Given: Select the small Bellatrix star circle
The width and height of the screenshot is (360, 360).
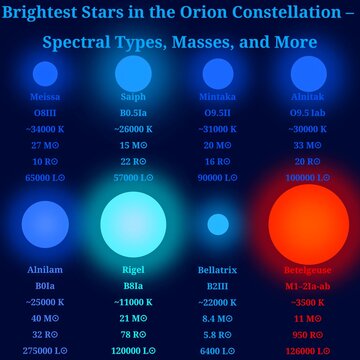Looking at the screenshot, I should point(218,224).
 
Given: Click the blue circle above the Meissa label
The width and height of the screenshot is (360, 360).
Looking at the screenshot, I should point(45,74).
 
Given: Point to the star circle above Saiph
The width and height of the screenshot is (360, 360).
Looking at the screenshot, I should point(133,73).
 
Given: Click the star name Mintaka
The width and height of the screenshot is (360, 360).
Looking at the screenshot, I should point(218,97).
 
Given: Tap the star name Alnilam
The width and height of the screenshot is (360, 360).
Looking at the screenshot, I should point(45,269).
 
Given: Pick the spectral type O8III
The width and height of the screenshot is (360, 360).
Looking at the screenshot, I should point(45,113).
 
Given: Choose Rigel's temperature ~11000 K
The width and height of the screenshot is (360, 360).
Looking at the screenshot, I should point(133,301).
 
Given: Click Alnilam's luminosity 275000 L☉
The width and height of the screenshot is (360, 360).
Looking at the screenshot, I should point(45,350).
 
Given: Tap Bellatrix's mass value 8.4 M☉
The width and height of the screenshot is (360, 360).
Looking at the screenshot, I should point(218,317).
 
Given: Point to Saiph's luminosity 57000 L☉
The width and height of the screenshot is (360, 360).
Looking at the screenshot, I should point(133,177).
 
